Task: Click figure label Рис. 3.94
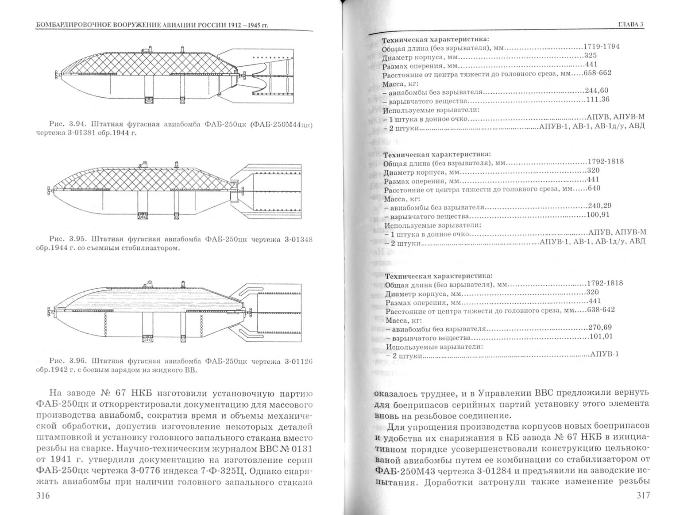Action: coord(65,124)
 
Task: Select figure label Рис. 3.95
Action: coord(65,239)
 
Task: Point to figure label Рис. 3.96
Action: coord(65,361)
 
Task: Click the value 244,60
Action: coord(596,91)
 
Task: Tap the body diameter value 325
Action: coord(590,55)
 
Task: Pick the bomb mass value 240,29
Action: coord(599,206)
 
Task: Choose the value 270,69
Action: coord(601,327)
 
